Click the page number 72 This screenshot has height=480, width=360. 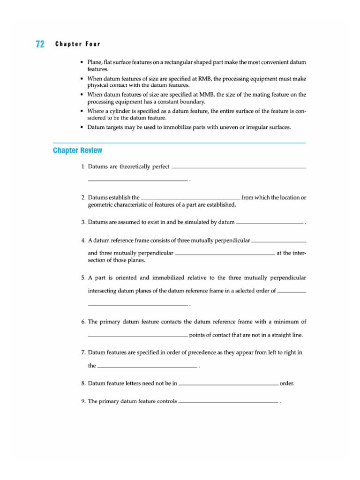(x=40, y=45)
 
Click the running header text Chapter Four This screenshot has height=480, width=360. (x=77, y=45)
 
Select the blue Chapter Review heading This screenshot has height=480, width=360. (x=77, y=150)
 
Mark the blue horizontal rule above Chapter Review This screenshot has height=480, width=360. (x=180, y=142)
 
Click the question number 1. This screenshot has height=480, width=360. (x=83, y=167)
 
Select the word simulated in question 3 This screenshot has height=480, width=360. (x=187, y=222)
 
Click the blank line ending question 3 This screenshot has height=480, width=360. (x=270, y=224)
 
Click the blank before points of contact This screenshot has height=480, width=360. (x=138, y=336)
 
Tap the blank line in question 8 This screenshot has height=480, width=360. (x=228, y=384)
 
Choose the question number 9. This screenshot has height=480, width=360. (x=83, y=402)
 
